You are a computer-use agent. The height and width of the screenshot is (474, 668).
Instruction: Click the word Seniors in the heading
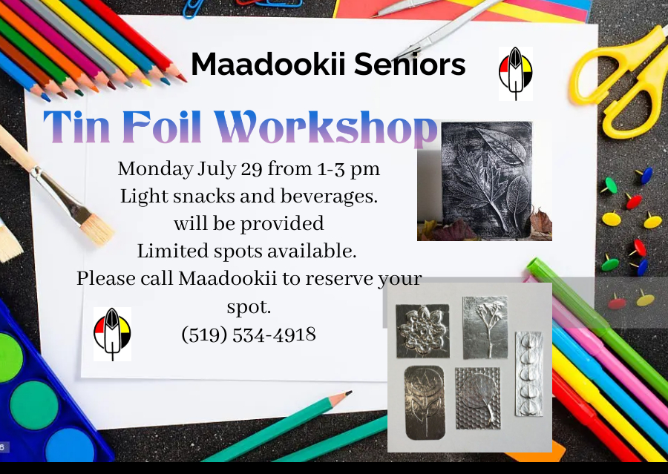click(x=410, y=65)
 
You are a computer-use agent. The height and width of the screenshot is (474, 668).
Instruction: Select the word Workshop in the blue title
click(x=326, y=127)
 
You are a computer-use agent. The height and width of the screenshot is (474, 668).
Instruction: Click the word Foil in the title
click(x=162, y=127)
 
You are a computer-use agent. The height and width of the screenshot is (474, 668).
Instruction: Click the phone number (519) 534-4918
click(x=249, y=335)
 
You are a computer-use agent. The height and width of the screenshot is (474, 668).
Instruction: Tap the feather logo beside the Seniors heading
click(x=516, y=73)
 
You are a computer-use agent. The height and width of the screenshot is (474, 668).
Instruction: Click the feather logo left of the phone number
click(x=112, y=334)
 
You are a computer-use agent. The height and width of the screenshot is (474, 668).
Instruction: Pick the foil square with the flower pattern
click(x=422, y=331)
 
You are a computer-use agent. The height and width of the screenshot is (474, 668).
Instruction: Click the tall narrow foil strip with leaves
click(x=529, y=374)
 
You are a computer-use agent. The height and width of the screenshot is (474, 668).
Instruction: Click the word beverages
click(x=329, y=197)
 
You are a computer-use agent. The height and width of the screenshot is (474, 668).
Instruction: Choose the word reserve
click(x=339, y=280)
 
